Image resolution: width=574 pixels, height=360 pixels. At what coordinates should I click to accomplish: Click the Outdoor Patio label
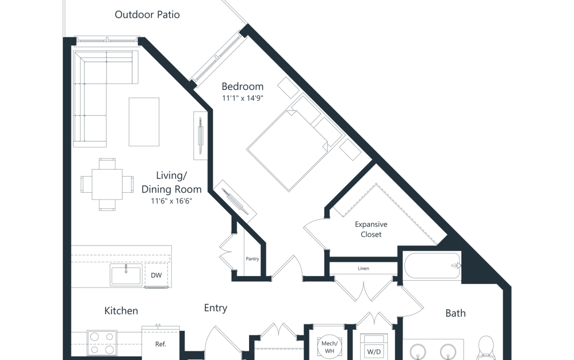147,14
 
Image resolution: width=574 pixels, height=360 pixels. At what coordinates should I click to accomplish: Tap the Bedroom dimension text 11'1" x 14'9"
243,98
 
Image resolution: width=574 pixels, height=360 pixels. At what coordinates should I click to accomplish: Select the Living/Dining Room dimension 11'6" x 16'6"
171,201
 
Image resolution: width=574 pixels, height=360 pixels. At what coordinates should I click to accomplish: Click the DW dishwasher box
156,275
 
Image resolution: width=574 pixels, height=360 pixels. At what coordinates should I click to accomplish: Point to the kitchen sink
126,275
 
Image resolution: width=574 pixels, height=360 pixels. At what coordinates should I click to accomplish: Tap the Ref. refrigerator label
161,344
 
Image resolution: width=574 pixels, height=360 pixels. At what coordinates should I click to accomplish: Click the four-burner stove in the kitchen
102,343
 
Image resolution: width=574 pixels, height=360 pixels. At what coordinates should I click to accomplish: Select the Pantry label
252,259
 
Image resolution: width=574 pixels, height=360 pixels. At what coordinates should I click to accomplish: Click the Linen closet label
363,269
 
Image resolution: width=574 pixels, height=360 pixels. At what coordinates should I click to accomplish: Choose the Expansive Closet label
371,229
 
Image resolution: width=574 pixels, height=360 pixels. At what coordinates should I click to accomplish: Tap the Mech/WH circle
328,347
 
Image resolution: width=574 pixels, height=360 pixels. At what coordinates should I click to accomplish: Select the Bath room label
456,313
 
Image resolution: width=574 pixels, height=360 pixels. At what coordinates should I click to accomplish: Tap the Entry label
216,308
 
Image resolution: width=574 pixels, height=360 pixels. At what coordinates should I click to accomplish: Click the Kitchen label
121,311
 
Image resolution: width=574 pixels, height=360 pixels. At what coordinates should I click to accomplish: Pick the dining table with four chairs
107,184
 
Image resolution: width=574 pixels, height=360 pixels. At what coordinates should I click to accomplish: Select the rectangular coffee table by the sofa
144,122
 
